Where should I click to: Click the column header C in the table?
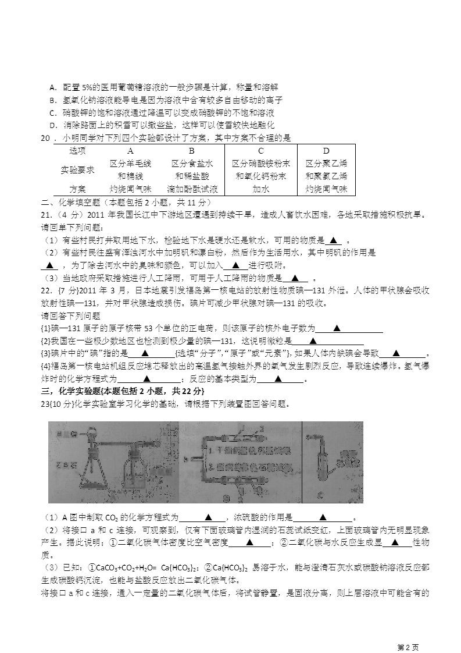261,151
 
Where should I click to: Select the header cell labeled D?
326,151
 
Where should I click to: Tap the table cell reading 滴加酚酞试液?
192,189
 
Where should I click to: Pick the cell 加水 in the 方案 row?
261,189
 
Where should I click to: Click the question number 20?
45,138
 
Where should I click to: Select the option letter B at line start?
52,100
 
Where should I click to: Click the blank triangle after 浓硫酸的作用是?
323,517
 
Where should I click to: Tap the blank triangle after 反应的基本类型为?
278,379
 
